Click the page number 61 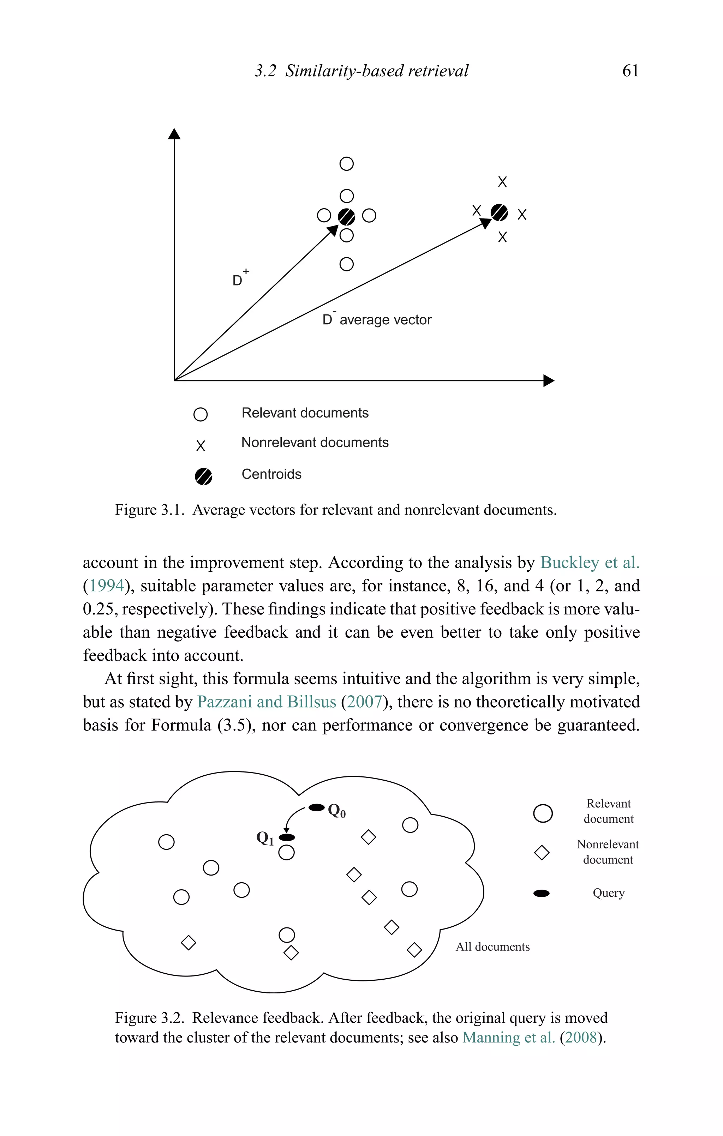(x=630, y=71)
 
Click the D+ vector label (x=240, y=278)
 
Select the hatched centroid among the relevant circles (x=346, y=217)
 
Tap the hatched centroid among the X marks (x=499, y=213)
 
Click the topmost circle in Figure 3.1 (x=346, y=164)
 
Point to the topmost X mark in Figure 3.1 (x=502, y=182)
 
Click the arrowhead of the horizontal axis (x=549, y=380)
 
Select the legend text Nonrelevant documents (x=315, y=443)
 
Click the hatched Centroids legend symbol (x=203, y=476)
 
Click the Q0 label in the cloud (x=336, y=811)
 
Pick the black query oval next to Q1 (x=286, y=837)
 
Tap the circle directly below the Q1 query (x=286, y=853)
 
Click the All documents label (x=492, y=947)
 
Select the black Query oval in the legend (x=541, y=893)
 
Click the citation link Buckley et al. (x=590, y=562)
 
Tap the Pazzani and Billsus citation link (x=266, y=702)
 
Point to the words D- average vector (x=377, y=319)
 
